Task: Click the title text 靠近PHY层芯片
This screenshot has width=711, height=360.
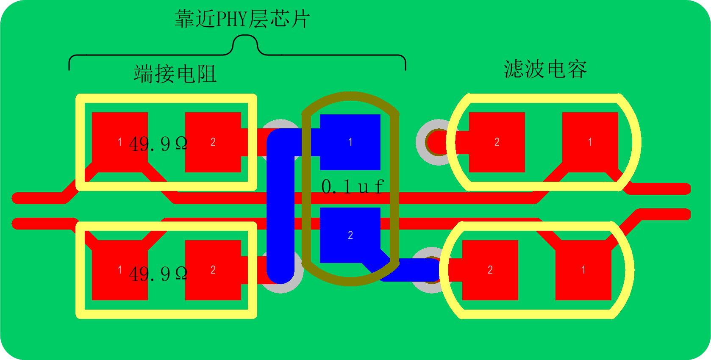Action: pos(242,19)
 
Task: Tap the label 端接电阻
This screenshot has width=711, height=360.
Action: pos(175,74)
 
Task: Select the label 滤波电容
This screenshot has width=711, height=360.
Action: pos(545,69)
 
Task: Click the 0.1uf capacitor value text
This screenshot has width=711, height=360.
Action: pos(353,186)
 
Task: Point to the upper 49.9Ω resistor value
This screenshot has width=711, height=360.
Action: pos(158,144)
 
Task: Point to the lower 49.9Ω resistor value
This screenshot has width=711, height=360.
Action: pos(158,274)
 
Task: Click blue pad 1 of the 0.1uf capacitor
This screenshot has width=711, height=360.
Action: pos(350,142)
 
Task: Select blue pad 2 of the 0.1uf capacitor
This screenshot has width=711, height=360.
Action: pos(350,235)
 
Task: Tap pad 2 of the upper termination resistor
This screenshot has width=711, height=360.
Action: pos(213,142)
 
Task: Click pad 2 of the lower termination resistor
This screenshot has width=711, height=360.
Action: pos(213,270)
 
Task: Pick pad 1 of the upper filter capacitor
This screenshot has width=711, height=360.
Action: pos(590,142)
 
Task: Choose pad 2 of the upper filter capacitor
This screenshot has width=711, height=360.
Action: pos(497,142)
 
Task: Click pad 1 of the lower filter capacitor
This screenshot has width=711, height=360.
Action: pos(583,270)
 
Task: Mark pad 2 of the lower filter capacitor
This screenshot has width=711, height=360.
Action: pos(490,270)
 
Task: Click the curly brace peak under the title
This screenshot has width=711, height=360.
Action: pos(245,36)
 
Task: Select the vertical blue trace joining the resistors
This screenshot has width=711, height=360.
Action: pos(281,206)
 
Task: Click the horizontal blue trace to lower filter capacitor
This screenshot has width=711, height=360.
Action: pos(409,270)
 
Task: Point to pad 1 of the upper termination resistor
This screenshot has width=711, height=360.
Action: pos(119,142)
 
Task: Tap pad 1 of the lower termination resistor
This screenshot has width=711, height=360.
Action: pos(119,270)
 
